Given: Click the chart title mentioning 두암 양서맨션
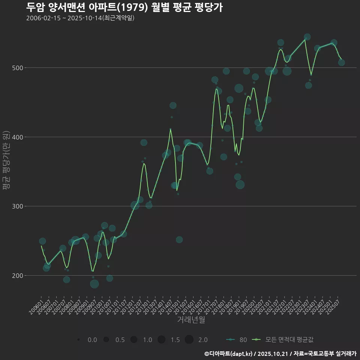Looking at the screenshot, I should (124, 7).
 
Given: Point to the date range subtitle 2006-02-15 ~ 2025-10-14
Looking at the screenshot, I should (80, 18).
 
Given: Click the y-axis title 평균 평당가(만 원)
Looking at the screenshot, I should (6, 161).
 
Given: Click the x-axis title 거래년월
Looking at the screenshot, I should (191, 320).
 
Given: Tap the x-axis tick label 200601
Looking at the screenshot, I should (36, 304).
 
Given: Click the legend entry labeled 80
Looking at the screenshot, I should (237, 340).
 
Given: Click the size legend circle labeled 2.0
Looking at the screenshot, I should (189, 340).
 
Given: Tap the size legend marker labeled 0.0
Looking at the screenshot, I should (78, 340).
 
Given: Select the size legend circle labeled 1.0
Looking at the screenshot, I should (133, 340).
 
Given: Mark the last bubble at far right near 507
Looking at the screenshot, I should (341, 63).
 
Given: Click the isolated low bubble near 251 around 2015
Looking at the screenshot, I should (179, 240).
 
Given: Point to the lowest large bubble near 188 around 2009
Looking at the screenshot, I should (94, 284).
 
